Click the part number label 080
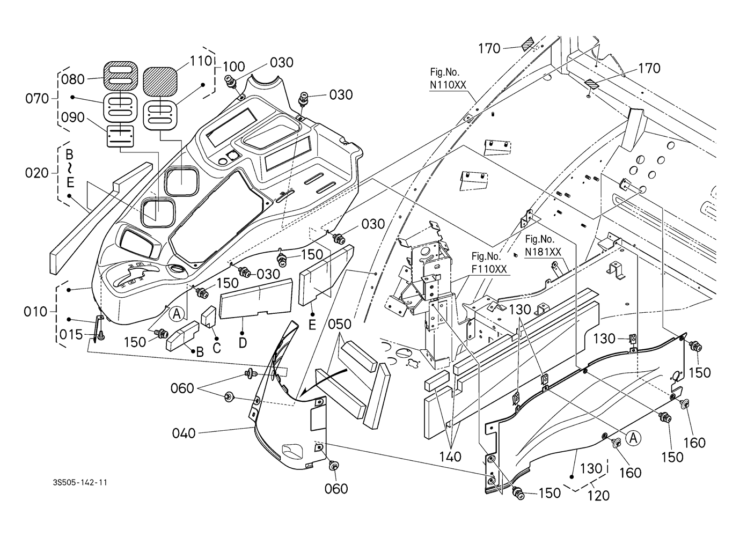click(73, 79)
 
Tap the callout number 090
click(73, 117)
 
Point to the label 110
click(201, 61)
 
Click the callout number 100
click(233, 67)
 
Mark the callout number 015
click(72, 335)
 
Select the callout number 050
click(340, 325)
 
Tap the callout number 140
click(451, 457)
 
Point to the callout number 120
click(598, 495)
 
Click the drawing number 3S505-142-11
click(77, 483)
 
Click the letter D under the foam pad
click(242, 342)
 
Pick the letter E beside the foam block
click(312, 325)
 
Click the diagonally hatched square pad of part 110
click(160, 82)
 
